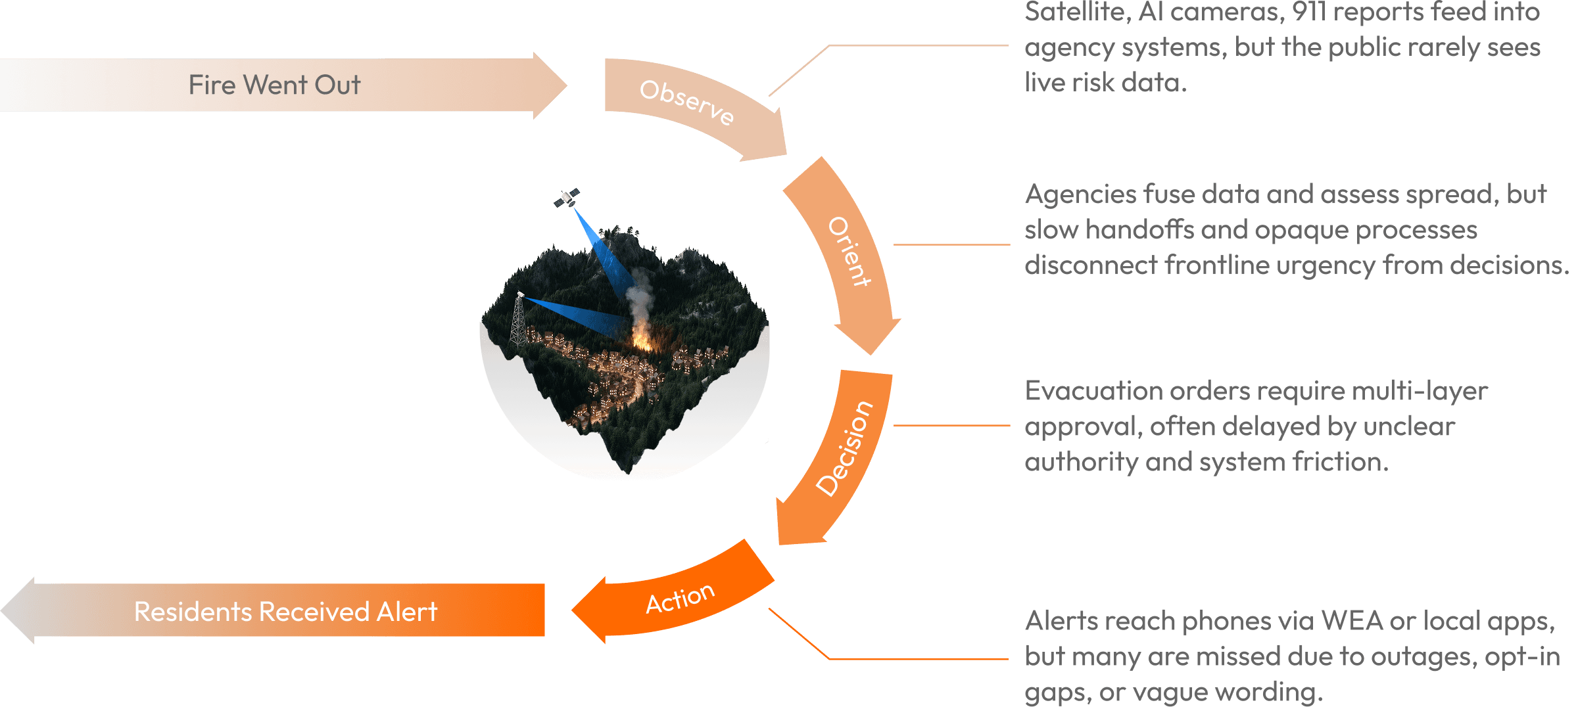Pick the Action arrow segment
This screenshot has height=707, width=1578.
[x=681, y=598]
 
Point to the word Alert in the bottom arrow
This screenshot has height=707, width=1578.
[x=407, y=612]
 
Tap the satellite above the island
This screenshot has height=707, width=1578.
[x=567, y=198]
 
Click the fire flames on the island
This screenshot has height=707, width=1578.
[x=640, y=338]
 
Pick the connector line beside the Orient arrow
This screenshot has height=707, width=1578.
[x=951, y=244]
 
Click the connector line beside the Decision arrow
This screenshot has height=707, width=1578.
[x=951, y=426]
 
